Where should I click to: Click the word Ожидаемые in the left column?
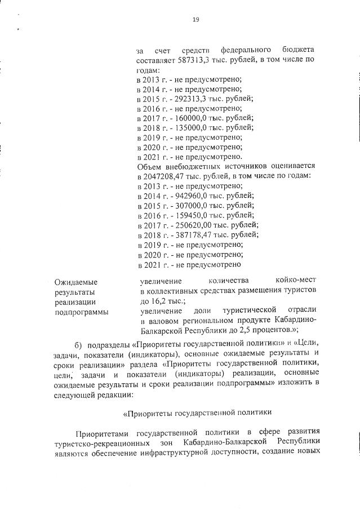tap(75, 281)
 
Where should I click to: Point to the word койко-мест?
tap(296, 280)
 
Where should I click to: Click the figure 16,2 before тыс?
tap(156, 301)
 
